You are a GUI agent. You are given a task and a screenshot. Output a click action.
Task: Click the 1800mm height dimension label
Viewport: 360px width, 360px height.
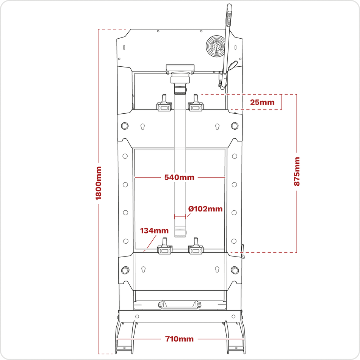point(99,183)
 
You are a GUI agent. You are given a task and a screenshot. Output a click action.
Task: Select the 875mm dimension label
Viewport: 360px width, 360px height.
point(297,172)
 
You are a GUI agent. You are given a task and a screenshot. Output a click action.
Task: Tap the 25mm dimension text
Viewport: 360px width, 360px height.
point(262,102)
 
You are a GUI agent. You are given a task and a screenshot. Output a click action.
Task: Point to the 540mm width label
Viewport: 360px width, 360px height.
point(179,177)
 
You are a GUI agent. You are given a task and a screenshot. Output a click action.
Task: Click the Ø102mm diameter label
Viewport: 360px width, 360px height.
point(205,209)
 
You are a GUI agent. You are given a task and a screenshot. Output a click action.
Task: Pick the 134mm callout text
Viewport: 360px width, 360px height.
point(154,230)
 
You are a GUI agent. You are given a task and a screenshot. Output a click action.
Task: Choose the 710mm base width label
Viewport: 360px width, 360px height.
point(179,339)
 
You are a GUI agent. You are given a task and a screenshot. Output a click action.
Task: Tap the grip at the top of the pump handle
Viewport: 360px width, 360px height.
point(229,15)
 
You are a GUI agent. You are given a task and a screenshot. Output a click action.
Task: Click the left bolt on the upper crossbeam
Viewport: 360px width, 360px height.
point(125,126)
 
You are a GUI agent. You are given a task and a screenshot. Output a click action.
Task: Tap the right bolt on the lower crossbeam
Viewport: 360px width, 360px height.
point(235,270)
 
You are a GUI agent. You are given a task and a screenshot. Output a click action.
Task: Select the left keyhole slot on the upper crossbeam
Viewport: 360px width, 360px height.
point(142,127)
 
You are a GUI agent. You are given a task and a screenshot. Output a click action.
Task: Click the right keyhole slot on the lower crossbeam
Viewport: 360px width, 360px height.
point(217,269)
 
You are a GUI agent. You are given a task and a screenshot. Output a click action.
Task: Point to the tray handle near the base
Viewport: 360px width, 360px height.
point(180,304)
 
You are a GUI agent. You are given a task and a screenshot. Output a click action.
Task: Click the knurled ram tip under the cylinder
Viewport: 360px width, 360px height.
point(180,90)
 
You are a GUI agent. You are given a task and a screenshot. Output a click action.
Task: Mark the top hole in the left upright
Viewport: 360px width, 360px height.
point(125,156)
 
